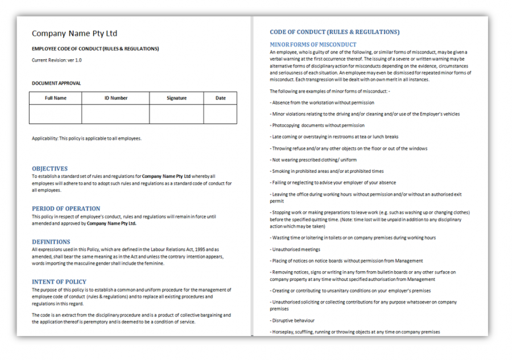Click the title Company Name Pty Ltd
[75, 34]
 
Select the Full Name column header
[56, 98]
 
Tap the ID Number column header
[115, 98]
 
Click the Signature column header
[176, 98]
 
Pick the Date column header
[221, 98]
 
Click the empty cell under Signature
[176, 114]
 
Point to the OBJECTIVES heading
[49, 168]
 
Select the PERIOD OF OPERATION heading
[66, 208]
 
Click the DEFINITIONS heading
[51, 242]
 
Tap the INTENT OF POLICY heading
[59, 282]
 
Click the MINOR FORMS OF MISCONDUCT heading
[313, 44]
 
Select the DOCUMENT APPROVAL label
[56, 83]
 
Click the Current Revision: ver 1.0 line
[57, 60]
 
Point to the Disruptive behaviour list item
[293, 321]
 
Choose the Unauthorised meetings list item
[295, 249]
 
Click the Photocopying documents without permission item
[317, 125]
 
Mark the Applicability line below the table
[86, 138]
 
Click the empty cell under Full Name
[56, 114]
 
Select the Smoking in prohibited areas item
[327, 171]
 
